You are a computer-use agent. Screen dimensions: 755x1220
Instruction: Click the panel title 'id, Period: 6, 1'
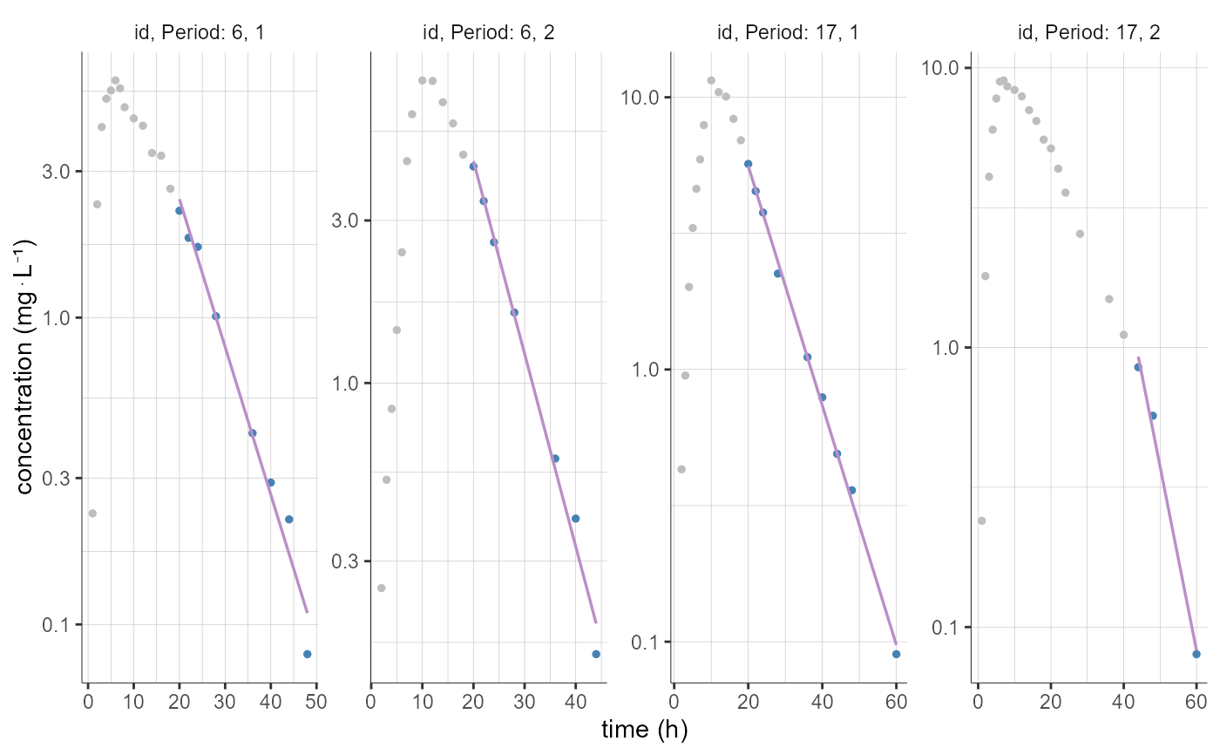[200, 33]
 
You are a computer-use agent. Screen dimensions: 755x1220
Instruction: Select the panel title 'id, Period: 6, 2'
[488, 33]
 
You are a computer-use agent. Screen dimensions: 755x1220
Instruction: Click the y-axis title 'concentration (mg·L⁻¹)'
[25, 366]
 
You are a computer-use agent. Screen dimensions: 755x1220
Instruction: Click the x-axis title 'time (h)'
[645, 731]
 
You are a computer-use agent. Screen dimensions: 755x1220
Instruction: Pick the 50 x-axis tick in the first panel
[315, 703]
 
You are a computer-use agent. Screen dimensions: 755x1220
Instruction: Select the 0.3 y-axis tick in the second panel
[346, 561]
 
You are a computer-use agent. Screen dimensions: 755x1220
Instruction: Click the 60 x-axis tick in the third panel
[896, 703]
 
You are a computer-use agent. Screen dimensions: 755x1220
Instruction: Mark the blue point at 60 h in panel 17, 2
[1196, 654]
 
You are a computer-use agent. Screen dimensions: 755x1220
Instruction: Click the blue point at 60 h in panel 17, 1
[896, 654]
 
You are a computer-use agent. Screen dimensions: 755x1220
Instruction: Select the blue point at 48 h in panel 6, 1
[307, 654]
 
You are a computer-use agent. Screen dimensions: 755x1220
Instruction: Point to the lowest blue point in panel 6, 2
[596, 654]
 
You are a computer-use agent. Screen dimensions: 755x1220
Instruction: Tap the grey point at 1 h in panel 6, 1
[92, 514]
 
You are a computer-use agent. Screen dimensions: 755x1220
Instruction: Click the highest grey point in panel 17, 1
[711, 80]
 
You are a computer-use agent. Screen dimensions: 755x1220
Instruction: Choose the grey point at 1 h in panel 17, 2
[981, 520]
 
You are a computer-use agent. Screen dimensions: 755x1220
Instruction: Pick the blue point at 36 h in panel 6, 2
[555, 459]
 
